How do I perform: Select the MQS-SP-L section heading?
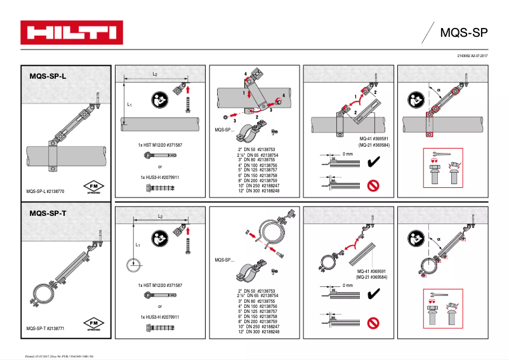click(x=48, y=76)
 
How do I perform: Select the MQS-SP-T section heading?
click(x=48, y=214)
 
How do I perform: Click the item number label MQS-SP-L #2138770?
click(x=48, y=190)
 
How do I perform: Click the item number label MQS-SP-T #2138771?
click(x=48, y=328)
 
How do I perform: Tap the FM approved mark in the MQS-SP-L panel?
click(x=93, y=187)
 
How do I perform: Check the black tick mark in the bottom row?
click(x=374, y=293)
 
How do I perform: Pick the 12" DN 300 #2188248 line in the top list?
click(x=258, y=190)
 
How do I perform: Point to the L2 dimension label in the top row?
click(x=155, y=74)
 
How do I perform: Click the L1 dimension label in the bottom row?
click(x=137, y=244)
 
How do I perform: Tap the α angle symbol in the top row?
click(x=438, y=90)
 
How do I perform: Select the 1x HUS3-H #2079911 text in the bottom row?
click(x=160, y=316)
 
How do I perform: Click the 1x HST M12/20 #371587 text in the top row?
click(x=160, y=145)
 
